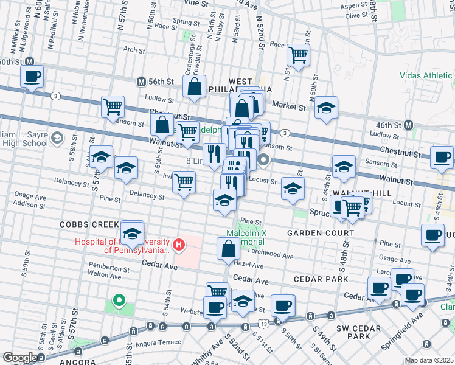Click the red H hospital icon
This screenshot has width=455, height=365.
pos(179,245)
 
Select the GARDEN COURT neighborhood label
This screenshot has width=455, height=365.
pos(321,233)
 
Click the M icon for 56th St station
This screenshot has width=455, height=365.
pos(141,82)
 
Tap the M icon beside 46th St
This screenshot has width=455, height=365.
pos(408,125)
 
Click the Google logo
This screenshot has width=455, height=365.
pos(20,358)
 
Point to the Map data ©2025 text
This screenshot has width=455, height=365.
pos(429,360)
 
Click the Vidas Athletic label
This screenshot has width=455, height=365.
pos(426,76)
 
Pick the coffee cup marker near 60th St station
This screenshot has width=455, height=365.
pos(32,77)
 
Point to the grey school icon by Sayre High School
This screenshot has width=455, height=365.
pos(57,137)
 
